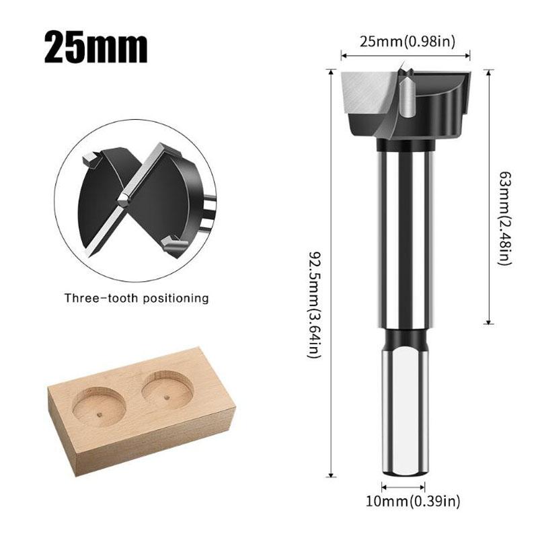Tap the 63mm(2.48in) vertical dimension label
click(x=500, y=217)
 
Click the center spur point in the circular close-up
click(x=123, y=200)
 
